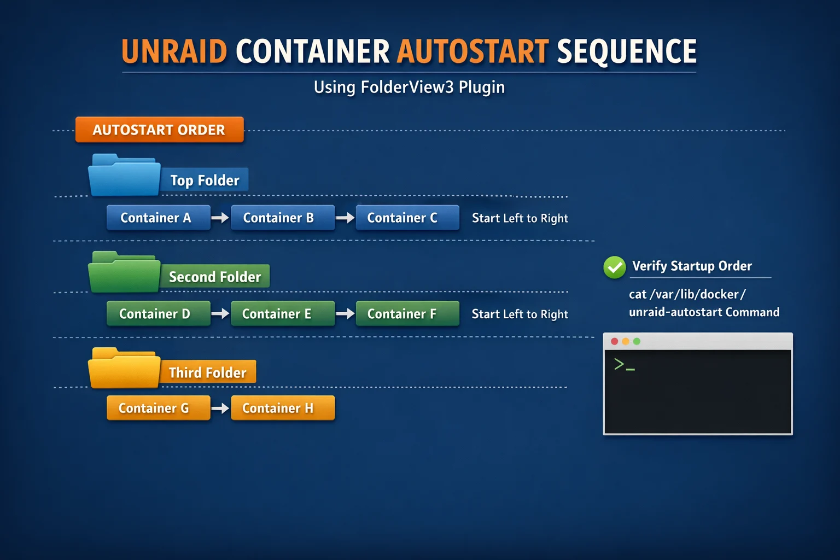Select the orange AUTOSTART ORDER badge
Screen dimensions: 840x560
[x=159, y=130]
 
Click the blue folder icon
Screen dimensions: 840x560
[x=125, y=175]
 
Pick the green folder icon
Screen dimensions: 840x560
[x=125, y=272]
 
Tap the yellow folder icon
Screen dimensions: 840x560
[x=125, y=368]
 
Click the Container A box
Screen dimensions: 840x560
[x=158, y=218]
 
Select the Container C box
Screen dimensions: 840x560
[x=407, y=218]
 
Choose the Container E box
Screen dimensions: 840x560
[x=283, y=313]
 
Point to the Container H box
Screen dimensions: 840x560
[x=283, y=408]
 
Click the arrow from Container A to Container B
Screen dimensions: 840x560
[x=220, y=218]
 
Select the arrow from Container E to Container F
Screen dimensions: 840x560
[x=345, y=313]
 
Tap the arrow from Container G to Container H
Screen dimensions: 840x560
[x=220, y=408]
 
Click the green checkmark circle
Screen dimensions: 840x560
[x=615, y=267]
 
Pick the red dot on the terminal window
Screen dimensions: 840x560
[x=614, y=341]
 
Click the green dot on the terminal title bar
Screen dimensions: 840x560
[x=637, y=341]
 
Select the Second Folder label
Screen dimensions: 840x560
[x=215, y=277]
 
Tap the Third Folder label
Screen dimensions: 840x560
[x=207, y=373]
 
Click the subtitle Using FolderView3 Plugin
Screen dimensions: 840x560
[x=409, y=87]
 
